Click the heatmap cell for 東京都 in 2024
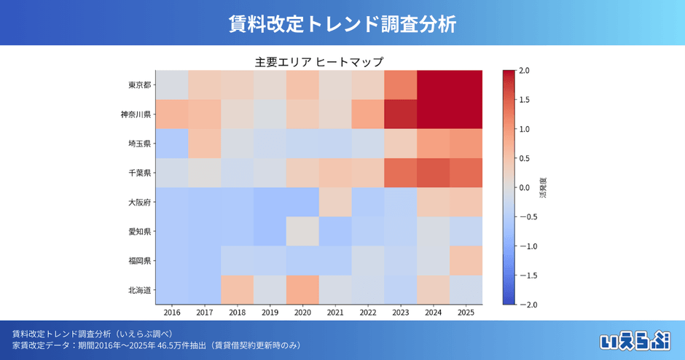point(433,85)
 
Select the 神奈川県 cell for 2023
point(400,114)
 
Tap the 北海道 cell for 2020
point(302,289)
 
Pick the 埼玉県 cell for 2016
point(172,144)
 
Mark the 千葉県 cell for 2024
point(433,173)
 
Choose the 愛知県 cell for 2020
point(302,231)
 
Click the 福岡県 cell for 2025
point(466,260)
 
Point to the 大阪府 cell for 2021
point(335,202)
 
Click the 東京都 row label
point(139,85)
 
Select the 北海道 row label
point(139,289)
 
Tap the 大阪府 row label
point(139,202)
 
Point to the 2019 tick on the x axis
point(270,313)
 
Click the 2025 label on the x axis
point(466,313)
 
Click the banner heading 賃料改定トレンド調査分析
point(342,23)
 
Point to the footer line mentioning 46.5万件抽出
point(157,345)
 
